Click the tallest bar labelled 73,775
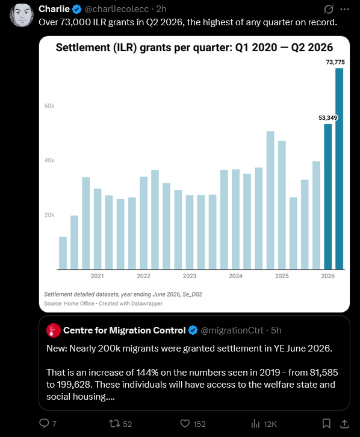click(x=339, y=169)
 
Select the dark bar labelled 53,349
click(x=327, y=196)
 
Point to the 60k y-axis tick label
click(x=49, y=106)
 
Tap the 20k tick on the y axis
click(x=49, y=215)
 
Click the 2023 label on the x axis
click(x=190, y=276)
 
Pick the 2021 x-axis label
click(x=98, y=276)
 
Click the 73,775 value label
click(x=335, y=62)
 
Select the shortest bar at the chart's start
click(x=63, y=253)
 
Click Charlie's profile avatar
click(x=22, y=15)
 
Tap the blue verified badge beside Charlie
click(x=76, y=9)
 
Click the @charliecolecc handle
click(x=116, y=9)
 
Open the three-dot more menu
click(x=345, y=9)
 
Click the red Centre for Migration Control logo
click(x=54, y=330)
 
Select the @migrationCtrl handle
click(x=232, y=330)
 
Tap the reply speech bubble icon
click(x=44, y=423)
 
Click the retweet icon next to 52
click(x=114, y=424)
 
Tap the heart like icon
click(x=185, y=424)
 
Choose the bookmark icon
click(x=326, y=424)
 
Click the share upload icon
click(x=345, y=424)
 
